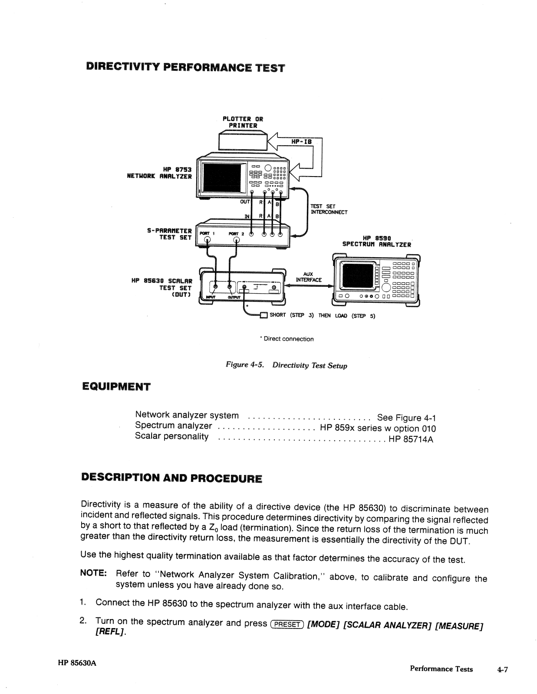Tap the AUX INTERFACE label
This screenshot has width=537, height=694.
(308, 277)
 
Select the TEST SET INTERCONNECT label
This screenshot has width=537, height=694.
(329, 209)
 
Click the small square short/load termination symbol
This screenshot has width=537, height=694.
(263, 315)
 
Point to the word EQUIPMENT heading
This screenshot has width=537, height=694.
(116, 386)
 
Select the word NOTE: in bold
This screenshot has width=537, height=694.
(93, 573)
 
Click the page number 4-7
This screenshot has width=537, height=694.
(502, 669)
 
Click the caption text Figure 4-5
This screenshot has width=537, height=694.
(245, 364)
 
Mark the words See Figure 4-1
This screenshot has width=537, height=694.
(406, 418)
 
